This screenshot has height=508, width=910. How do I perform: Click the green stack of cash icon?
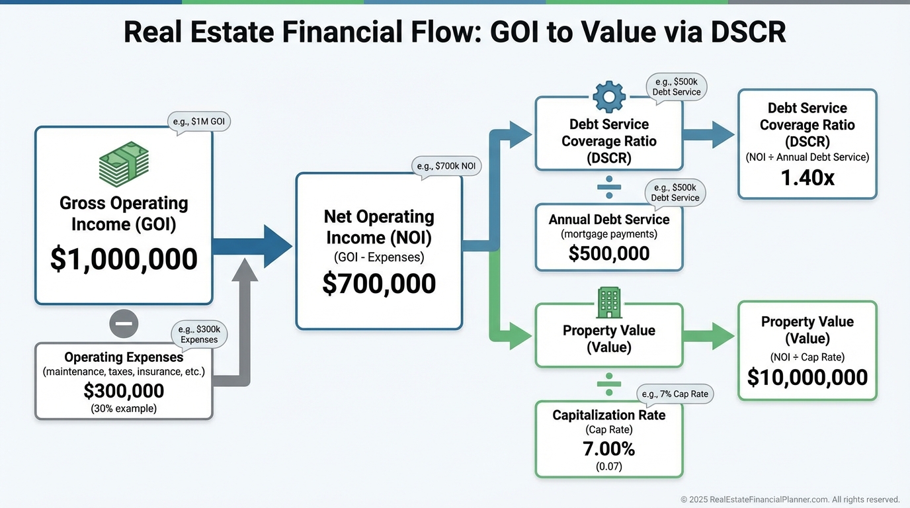[x=124, y=164]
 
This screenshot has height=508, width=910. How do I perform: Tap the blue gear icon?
[x=609, y=97]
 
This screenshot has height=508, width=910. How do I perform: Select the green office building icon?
[x=609, y=302]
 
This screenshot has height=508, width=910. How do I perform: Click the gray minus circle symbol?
[x=124, y=323]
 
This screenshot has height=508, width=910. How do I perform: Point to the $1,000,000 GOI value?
[x=124, y=259]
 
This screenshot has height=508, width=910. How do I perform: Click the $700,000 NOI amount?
[x=379, y=283]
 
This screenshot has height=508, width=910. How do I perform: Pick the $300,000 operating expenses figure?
[x=124, y=390]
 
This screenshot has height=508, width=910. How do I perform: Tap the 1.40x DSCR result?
[x=807, y=177]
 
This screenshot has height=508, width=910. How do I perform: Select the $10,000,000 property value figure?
[x=807, y=377]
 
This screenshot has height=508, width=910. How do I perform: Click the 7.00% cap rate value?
[x=609, y=448]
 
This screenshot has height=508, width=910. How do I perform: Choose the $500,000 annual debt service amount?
[x=609, y=253]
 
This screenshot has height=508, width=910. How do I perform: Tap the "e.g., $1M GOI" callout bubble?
[x=199, y=122]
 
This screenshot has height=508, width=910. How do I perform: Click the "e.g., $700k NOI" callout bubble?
[x=446, y=167]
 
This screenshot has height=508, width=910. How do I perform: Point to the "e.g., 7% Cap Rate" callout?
[x=675, y=394]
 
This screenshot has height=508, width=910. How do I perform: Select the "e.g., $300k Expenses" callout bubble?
[x=199, y=335]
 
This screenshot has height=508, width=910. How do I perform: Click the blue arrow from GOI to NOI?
[x=252, y=246]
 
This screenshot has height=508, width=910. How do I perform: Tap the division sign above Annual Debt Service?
[x=609, y=187]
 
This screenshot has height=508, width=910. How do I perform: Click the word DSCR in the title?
[x=749, y=32]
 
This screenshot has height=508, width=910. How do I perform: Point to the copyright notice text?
[x=790, y=499]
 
